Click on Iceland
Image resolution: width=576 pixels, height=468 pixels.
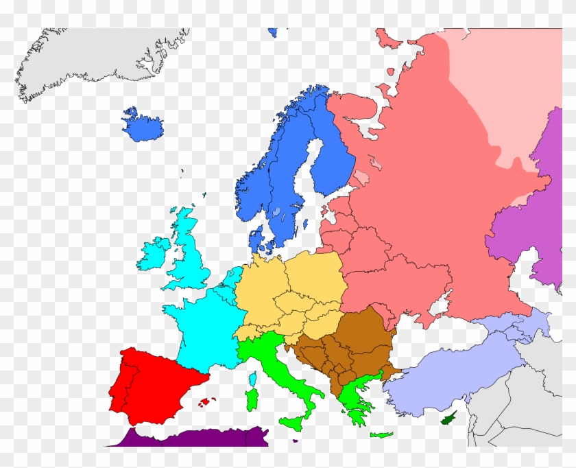click(142, 124)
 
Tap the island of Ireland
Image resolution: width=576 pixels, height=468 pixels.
click(154, 254)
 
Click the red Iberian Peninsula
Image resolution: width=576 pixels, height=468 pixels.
click(154, 384)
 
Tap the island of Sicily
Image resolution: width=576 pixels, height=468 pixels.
click(291, 421)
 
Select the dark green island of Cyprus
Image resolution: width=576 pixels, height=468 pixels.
click(450, 417)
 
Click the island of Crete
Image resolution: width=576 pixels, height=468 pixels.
click(381, 434)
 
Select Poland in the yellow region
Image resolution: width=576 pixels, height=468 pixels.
click(315, 274)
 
